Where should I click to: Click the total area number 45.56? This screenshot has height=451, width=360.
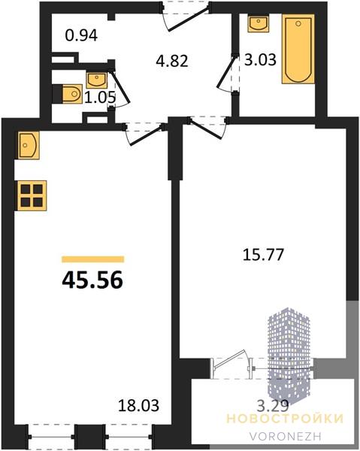coord(92,280)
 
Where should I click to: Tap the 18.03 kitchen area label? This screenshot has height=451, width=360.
coord(138,405)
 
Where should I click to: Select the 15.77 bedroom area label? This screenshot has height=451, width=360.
coord(263,255)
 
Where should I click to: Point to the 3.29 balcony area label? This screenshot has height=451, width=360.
coord(272,406)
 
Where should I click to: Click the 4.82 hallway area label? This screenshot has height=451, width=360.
coord(172,61)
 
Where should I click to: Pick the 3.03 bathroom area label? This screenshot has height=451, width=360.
coord(260,60)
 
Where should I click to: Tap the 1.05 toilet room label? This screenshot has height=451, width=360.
coord(100,97)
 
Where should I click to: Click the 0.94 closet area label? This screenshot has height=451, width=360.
coord(81,35)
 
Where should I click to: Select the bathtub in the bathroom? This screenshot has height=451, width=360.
coord(298,49)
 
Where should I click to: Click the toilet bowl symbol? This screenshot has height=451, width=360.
coord(71,94)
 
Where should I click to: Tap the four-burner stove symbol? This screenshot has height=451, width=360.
coord(31,195)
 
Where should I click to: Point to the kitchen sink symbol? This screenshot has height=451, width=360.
coord(28,145)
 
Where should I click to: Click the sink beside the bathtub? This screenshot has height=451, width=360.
coord(259,24)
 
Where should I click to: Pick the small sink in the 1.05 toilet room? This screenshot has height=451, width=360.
coord(97,80)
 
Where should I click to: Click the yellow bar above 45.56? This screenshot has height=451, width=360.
coord(93,259)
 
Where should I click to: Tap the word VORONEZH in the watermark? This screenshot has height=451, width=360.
coord(286,436)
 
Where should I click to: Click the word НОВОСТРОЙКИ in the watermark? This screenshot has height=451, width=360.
coord(286,419)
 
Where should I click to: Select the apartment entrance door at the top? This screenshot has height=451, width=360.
coord(187,16)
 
